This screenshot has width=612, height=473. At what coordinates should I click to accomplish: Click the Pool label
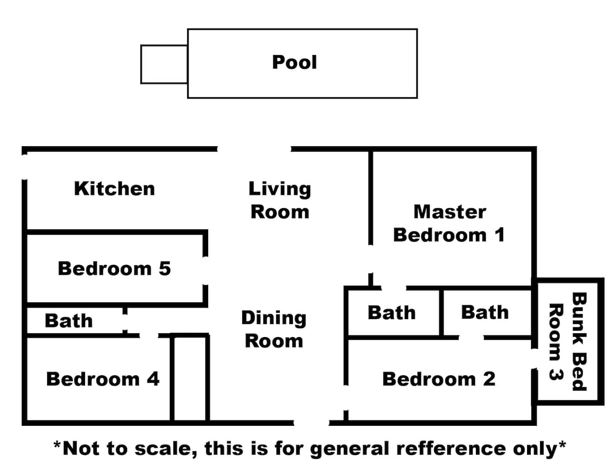[294, 62]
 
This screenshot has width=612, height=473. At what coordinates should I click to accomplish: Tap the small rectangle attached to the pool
[164, 64]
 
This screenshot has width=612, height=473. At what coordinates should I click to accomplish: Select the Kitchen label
[114, 189]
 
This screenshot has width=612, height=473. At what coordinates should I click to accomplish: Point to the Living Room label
[280, 200]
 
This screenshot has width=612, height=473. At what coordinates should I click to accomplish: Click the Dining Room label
[274, 329]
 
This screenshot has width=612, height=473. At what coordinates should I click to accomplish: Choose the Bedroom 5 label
[114, 269]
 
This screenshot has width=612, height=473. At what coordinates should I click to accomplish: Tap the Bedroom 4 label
[103, 379]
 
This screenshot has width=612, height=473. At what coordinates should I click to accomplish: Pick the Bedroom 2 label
[439, 379]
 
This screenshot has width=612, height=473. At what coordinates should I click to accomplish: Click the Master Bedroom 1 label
[449, 223]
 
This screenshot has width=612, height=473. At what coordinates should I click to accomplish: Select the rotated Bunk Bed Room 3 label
[567, 342]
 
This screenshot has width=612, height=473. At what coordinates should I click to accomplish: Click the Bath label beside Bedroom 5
[69, 321]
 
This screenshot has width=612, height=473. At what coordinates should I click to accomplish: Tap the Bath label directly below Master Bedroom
[392, 313]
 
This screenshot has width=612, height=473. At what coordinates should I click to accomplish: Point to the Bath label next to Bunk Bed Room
[485, 312]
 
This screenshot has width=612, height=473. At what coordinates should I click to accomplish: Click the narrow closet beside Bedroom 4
[190, 379]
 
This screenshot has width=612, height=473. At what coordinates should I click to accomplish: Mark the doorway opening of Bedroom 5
[205, 271]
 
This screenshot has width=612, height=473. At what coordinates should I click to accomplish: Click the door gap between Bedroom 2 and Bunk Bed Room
[534, 359]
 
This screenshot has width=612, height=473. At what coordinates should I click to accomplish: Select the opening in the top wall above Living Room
[254, 149]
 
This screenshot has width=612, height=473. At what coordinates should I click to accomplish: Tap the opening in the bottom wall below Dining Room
[312, 422]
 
